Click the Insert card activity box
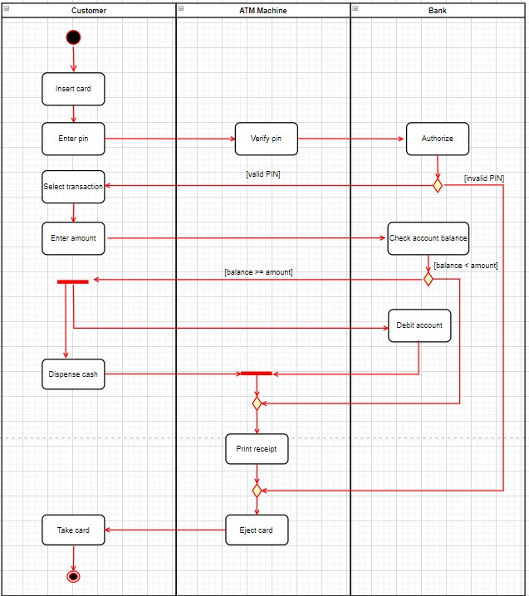click(73, 89)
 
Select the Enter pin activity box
click(73, 139)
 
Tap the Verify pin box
click(266, 139)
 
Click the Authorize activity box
click(437, 139)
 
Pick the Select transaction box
click(73, 187)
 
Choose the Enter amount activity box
click(73, 238)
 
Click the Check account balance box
click(428, 238)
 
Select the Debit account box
click(419, 325)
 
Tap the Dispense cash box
click(73, 374)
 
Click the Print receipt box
click(257, 449)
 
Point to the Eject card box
click(257, 530)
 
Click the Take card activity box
click(73, 530)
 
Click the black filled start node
click(73, 37)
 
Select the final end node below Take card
click(73, 576)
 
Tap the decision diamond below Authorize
click(438, 185)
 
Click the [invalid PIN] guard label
click(484, 178)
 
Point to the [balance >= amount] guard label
click(258, 272)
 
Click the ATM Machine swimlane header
click(263, 10)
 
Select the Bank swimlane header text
click(437, 10)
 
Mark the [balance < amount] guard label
click(466, 266)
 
